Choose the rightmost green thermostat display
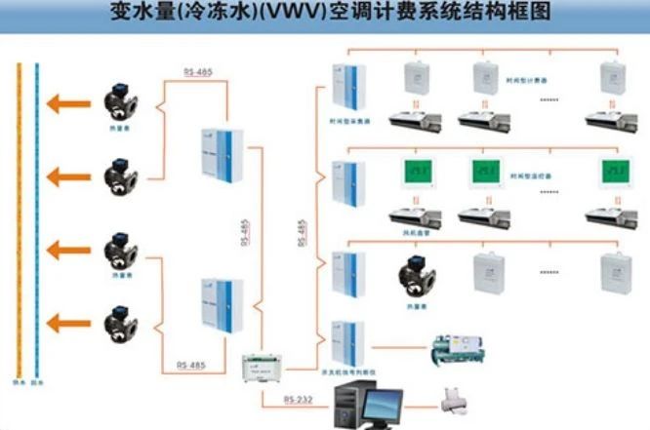click(613, 173)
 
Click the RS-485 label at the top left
click(195, 72)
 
